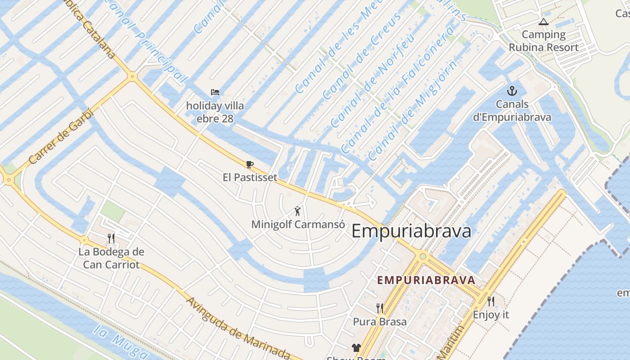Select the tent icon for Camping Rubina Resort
click(x=543, y=22)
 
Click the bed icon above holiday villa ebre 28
click(x=215, y=92)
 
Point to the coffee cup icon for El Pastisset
click(x=250, y=164)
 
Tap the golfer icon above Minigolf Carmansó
click(x=297, y=211)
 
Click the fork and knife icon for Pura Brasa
click(x=380, y=308)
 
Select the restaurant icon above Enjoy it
click(x=490, y=301)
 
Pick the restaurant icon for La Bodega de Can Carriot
click(x=111, y=238)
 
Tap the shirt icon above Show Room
click(x=356, y=347)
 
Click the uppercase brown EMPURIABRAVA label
click(x=426, y=280)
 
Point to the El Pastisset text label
click(x=250, y=177)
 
